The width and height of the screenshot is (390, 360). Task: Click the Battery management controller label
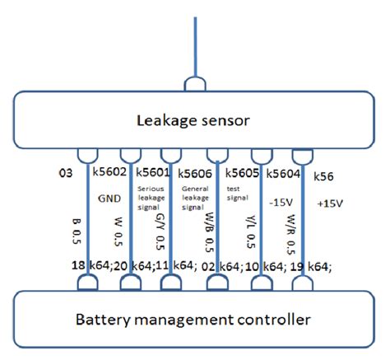click(195, 320)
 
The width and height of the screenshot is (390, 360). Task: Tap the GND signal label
click(109, 198)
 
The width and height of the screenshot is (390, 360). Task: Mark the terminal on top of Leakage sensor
click(196, 84)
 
